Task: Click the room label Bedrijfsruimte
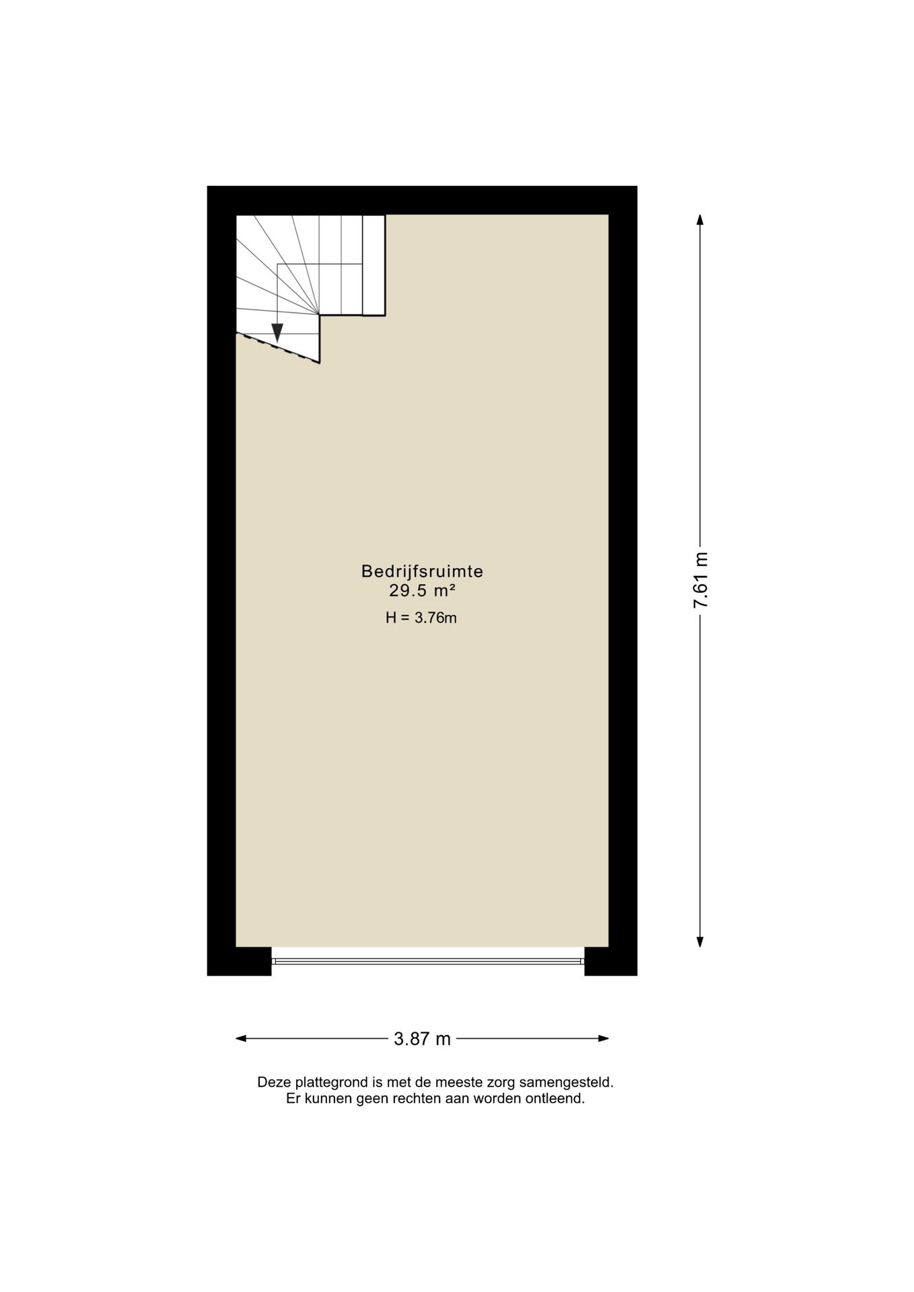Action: pyautogui.click(x=422, y=571)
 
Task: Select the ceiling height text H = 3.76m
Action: pyautogui.click(x=421, y=618)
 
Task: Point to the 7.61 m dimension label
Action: pyautogui.click(x=701, y=581)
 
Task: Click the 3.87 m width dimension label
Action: pyautogui.click(x=422, y=1038)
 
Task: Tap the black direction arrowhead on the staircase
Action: pyautogui.click(x=277, y=332)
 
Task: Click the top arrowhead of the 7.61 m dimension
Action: pyautogui.click(x=700, y=220)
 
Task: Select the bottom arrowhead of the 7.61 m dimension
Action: pyautogui.click(x=700, y=941)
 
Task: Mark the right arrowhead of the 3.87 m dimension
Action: pyautogui.click(x=602, y=1038)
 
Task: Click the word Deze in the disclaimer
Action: pyautogui.click(x=273, y=1083)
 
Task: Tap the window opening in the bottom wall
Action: pyautogui.click(x=428, y=960)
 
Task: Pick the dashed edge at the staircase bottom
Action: pyautogui.click(x=277, y=347)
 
